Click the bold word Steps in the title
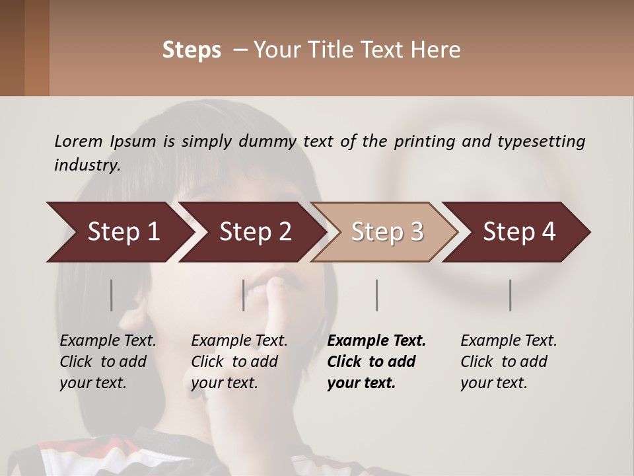pyautogui.click(x=192, y=50)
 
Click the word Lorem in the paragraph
pyautogui.click(x=79, y=141)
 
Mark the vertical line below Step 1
pyautogui.click(x=112, y=295)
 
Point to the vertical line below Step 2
pyautogui.click(x=244, y=295)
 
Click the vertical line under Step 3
pyautogui.click(x=377, y=295)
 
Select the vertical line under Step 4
pyautogui.click(x=511, y=295)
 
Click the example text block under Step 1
pyautogui.click(x=106, y=362)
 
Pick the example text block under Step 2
pyautogui.click(x=237, y=362)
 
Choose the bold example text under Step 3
pyautogui.click(x=374, y=362)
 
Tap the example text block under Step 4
pyautogui.click(x=507, y=362)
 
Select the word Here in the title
pyautogui.click(x=439, y=50)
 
